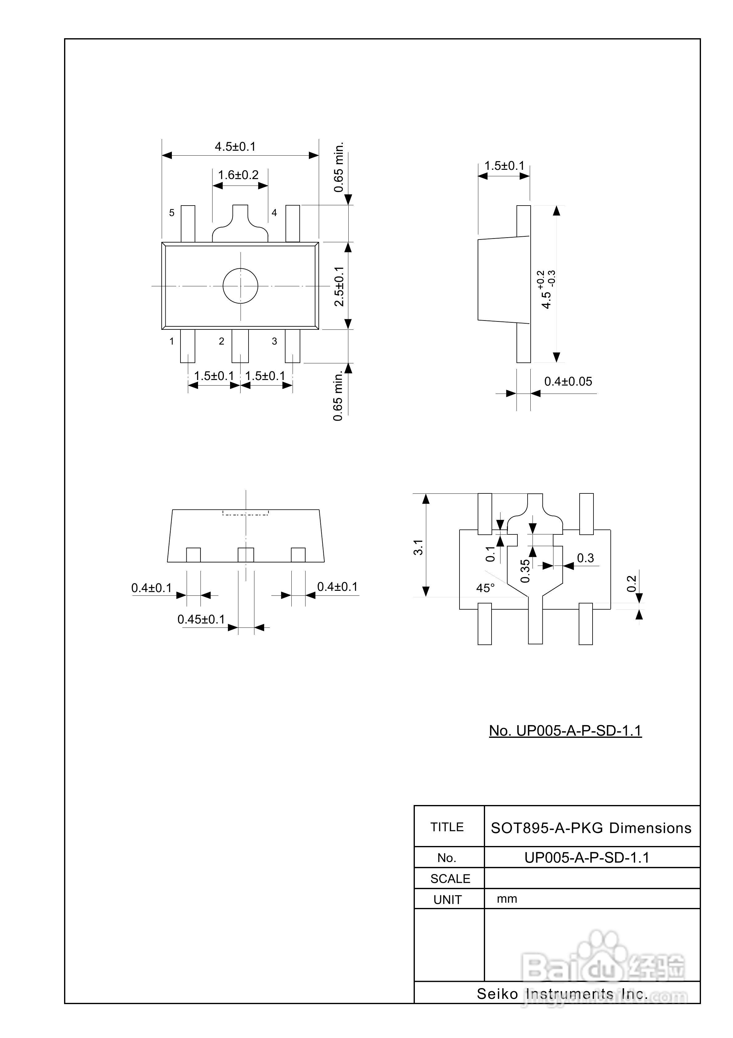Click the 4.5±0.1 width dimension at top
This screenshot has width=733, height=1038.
point(235,146)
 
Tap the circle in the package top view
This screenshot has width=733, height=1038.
point(241,286)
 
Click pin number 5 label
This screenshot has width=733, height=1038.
point(172,212)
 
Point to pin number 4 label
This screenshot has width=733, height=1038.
point(274,212)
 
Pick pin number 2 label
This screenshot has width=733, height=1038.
point(221,341)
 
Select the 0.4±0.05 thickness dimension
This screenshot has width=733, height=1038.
point(568,382)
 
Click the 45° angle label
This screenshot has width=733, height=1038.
point(485,588)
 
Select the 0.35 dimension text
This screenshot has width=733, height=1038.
point(525,571)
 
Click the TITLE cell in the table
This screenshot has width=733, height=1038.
point(447,827)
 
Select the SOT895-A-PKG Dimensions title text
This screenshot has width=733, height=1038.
point(591,828)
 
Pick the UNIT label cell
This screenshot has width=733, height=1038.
point(447,900)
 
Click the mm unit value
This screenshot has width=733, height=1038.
point(507,899)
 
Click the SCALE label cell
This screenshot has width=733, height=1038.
point(450,878)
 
